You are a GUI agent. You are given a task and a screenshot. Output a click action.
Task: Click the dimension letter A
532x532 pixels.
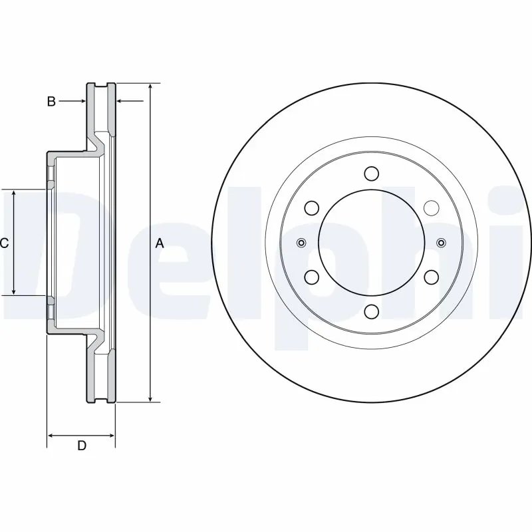pyautogui.click(x=160, y=243)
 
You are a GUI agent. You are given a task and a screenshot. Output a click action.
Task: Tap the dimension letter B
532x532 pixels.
pyautogui.click(x=51, y=102)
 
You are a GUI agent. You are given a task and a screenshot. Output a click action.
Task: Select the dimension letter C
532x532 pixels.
pyautogui.click(x=4, y=243)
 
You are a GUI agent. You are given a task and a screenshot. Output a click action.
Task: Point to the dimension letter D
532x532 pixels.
pyautogui.click(x=81, y=446)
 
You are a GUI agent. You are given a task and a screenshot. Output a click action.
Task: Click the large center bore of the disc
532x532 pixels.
pyautogui.click(x=371, y=242)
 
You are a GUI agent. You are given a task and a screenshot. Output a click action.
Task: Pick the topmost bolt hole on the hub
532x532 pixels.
pyautogui.click(x=372, y=174)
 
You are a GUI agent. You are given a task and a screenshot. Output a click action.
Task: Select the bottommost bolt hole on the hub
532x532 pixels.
pyautogui.click(x=372, y=311)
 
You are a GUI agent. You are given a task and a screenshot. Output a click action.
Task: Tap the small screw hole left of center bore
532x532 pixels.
pyautogui.click(x=301, y=243)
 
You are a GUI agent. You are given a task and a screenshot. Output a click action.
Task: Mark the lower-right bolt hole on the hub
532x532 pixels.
pyautogui.click(x=431, y=277)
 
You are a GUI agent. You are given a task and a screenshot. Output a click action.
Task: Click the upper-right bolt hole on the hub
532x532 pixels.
pyautogui.click(x=431, y=208)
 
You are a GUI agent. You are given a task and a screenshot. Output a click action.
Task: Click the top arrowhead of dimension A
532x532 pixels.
pyautogui.click(x=151, y=88)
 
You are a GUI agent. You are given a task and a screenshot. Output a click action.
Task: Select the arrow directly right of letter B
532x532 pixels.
pyautogui.click(x=81, y=102)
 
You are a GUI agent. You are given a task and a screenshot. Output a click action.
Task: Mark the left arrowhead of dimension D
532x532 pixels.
pyautogui.click(x=51, y=436)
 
